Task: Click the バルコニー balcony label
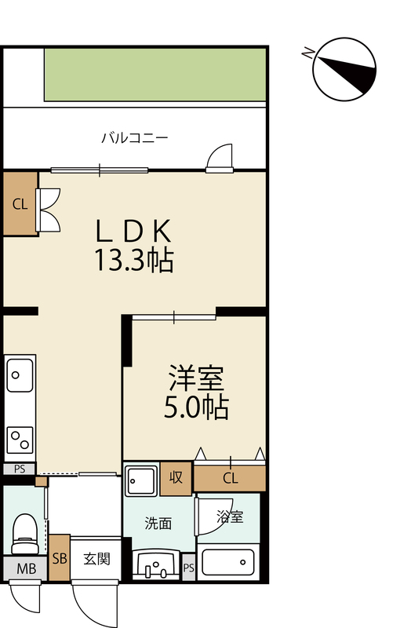(134, 138)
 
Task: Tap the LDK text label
(133, 231)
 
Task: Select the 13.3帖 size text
(133, 261)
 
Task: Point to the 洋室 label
(196, 378)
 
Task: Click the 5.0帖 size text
(196, 407)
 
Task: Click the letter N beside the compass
(307, 53)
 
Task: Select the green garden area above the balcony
(155, 75)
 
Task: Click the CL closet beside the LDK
(20, 203)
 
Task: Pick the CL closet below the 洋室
(230, 478)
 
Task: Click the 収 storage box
(176, 478)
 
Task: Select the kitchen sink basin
(19, 375)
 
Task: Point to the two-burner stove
(20, 440)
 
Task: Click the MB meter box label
(27, 568)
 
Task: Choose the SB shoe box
(60, 558)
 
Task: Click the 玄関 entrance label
(96, 559)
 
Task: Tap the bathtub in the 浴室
(228, 563)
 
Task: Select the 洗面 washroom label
(158, 524)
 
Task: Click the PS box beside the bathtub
(189, 567)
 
